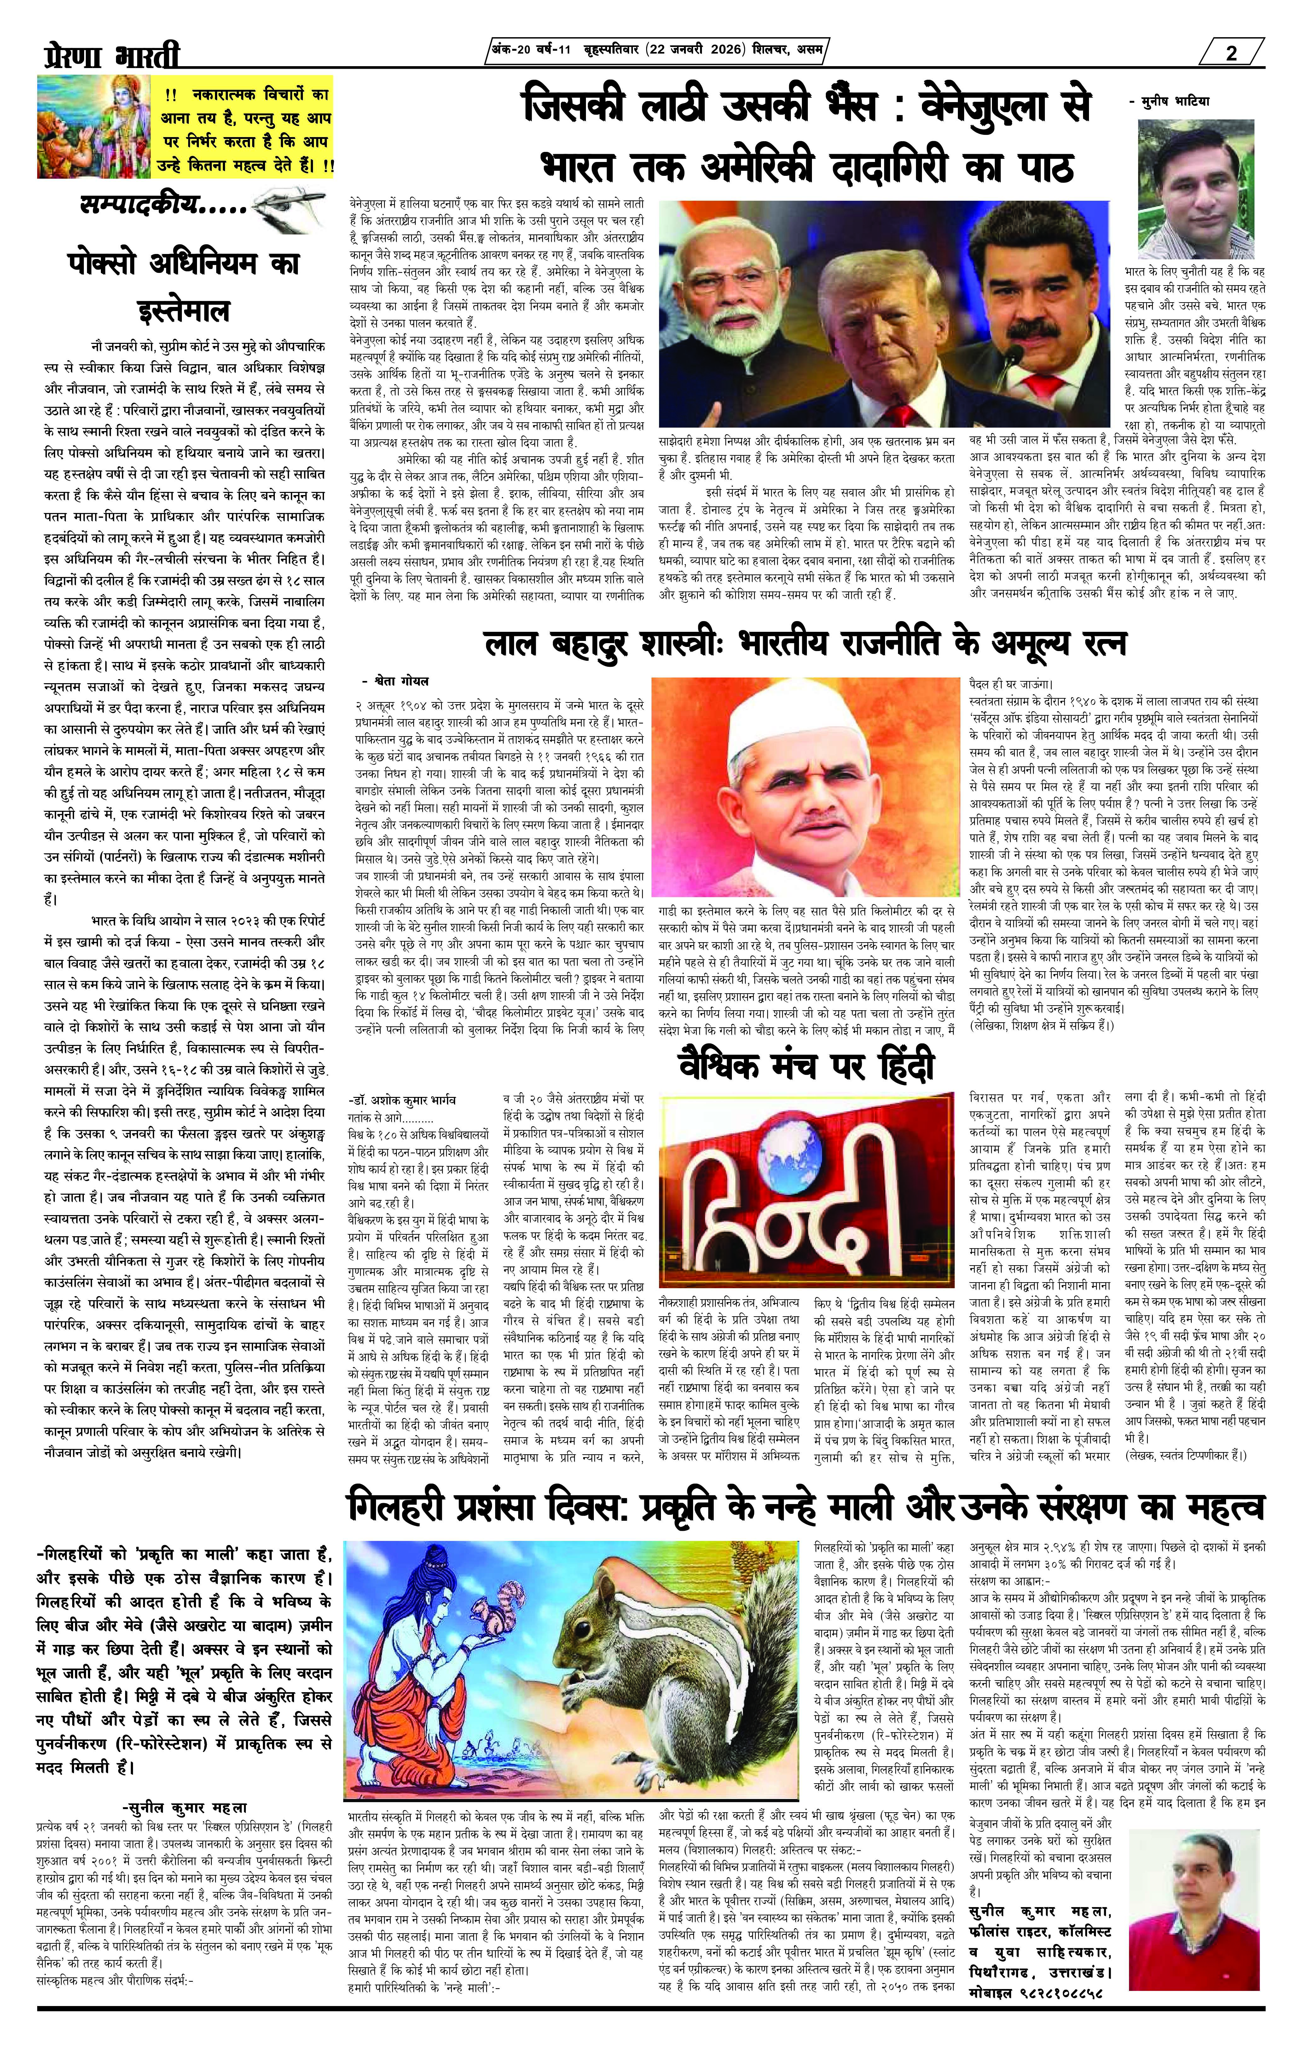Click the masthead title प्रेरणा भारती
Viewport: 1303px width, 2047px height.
click(x=111, y=56)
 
